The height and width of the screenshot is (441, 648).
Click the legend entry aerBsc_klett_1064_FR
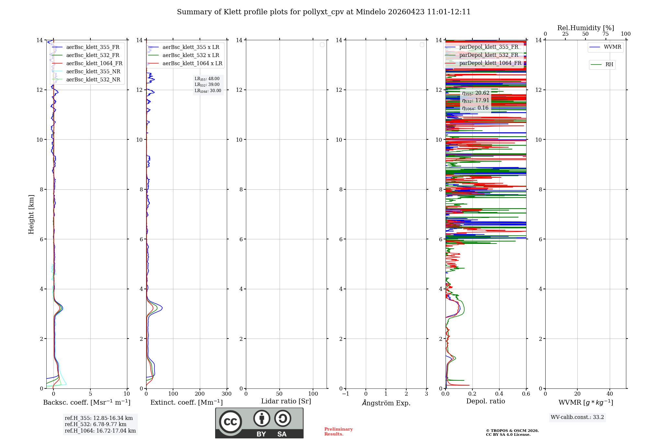tap(94, 64)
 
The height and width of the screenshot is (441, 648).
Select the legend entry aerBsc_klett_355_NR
tap(93, 72)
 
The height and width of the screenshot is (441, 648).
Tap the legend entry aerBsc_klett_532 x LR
tap(191, 55)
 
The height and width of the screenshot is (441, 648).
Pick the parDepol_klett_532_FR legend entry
tap(488, 55)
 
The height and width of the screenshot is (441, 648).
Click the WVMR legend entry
tap(612, 47)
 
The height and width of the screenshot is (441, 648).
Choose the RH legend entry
tap(609, 65)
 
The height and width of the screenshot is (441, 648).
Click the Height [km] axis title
tap(31, 214)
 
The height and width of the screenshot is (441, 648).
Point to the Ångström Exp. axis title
tap(386, 403)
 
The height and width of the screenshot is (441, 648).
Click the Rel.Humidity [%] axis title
tap(585, 28)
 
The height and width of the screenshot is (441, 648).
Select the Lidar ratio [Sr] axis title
tap(286, 401)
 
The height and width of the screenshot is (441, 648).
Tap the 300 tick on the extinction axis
tap(226, 394)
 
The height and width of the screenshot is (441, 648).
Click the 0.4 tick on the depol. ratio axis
tap(499, 394)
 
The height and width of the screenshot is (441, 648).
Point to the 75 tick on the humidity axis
tap(606, 34)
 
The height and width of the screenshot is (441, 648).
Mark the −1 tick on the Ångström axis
tap(346, 394)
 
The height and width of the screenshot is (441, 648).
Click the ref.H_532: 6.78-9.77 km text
tap(96, 424)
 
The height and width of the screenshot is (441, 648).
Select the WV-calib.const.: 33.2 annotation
tap(577, 417)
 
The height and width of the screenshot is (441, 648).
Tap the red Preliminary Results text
tap(338, 432)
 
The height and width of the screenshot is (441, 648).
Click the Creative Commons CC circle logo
tap(230, 422)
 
